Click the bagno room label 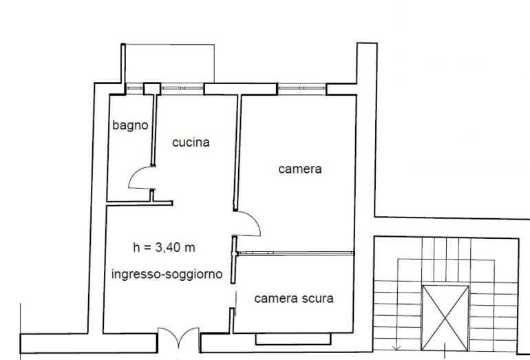coord(130,125)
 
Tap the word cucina coord(191,142)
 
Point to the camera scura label coord(294,299)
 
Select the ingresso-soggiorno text coord(167,274)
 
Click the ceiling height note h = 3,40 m coord(165,248)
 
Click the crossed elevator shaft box coord(445,318)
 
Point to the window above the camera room coord(302,89)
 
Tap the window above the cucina coord(182,89)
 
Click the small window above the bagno coord(134,89)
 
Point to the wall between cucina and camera coord(237,152)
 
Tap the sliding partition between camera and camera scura coord(295,253)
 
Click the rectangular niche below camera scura coord(293,339)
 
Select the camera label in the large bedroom coord(300,169)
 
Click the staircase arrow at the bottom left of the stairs coord(398,347)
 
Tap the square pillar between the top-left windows coord(152,89)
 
